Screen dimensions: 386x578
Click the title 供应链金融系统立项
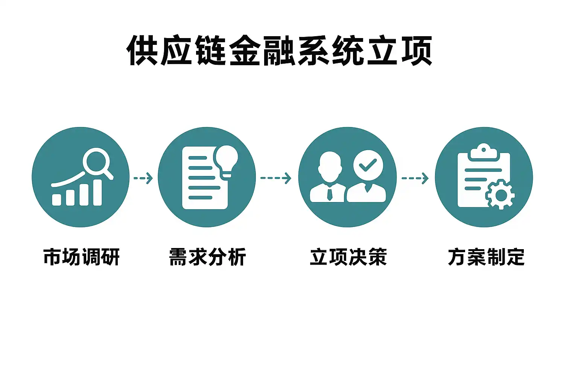click(279, 51)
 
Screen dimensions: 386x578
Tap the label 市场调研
click(81, 257)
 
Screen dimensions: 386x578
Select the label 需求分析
click(207, 257)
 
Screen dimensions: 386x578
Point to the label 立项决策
click(348, 257)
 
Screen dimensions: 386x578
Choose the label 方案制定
click(486, 257)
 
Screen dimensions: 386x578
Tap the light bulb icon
click(226, 159)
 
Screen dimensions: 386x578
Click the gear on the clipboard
click(500, 195)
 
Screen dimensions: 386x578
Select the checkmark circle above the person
click(368, 165)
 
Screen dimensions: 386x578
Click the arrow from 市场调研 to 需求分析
click(143, 178)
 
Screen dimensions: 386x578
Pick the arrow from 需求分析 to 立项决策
click(276, 178)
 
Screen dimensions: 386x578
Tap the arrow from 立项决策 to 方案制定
click(415, 178)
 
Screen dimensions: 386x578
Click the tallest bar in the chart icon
click(97, 192)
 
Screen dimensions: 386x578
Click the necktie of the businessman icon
click(330, 194)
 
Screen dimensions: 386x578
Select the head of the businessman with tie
click(330, 166)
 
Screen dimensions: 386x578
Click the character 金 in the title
click(245, 51)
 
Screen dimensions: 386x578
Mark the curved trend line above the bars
click(68, 181)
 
